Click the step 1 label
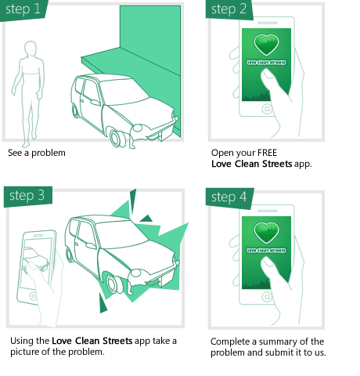23,9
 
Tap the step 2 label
229,9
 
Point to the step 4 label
229,197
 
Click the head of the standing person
31,49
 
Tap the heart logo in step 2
266,44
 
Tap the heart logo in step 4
266,232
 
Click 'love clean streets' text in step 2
266,62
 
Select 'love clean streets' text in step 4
266,250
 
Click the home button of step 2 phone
267,110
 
